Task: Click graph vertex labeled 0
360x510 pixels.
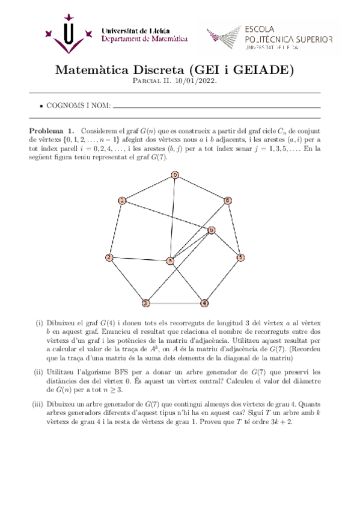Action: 175,175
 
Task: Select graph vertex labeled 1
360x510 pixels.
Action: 122,200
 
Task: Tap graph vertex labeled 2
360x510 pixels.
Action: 109,258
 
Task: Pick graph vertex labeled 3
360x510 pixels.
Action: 145,303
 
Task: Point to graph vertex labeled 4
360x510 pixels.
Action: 204,303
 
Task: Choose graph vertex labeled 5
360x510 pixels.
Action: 240,258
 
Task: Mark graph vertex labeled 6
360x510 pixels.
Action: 228,200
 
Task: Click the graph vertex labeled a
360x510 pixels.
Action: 171,261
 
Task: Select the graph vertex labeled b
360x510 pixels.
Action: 211,230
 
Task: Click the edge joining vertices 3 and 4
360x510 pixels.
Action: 175,303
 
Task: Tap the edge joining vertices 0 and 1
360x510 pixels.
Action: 148,188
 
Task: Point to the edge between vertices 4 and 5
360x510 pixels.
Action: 222,280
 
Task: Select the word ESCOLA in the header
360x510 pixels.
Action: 260,28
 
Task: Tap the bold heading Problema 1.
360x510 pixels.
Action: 52,131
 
